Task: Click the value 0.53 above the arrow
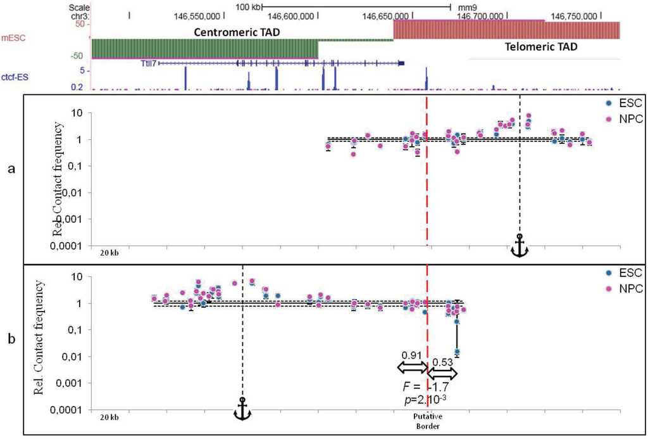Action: point(443,362)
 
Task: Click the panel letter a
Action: point(11,171)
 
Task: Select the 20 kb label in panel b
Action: point(109,417)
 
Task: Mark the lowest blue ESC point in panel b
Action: point(457,352)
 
